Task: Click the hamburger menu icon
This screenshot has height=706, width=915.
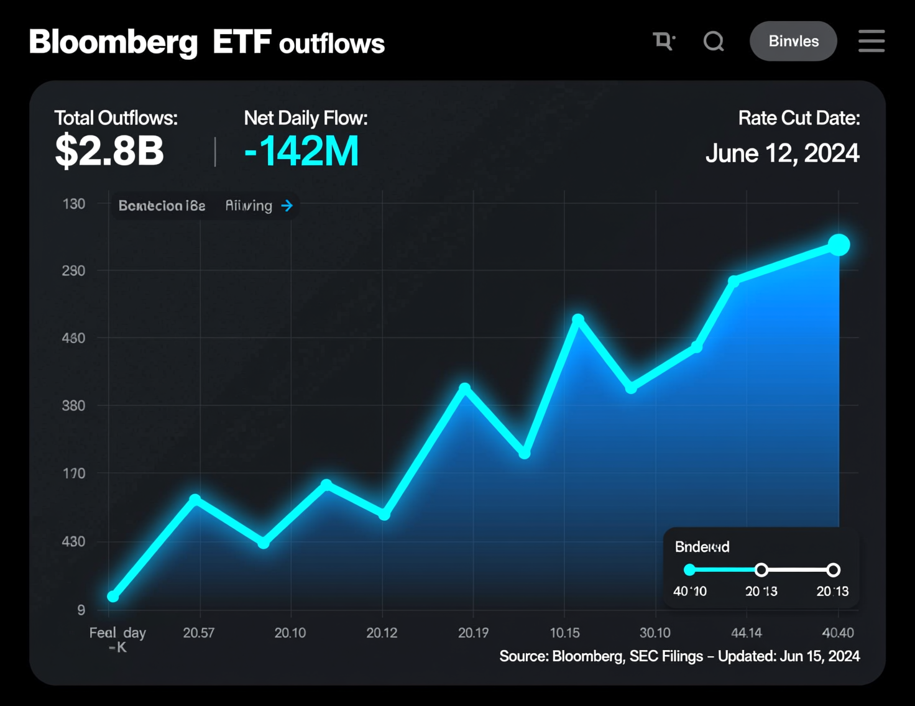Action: (x=871, y=41)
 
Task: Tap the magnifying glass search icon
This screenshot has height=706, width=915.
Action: (x=714, y=42)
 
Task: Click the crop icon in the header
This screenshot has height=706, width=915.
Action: (x=663, y=42)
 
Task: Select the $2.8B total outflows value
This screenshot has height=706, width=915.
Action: (x=109, y=151)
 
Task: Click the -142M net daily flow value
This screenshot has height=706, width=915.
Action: (x=301, y=151)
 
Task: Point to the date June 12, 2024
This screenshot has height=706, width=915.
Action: (x=782, y=153)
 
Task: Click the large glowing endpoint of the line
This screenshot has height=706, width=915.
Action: (x=839, y=245)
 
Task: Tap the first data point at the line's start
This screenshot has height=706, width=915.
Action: (x=113, y=596)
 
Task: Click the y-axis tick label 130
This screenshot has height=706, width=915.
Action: (x=74, y=204)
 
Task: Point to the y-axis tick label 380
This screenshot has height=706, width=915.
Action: (x=73, y=406)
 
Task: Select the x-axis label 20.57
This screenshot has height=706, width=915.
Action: (x=198, y=633)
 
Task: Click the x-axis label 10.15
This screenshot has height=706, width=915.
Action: (x=564, y=633)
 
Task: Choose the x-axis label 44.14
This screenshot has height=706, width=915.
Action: (x=746, y=633)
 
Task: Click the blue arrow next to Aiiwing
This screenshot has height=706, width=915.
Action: (x=287, y=206)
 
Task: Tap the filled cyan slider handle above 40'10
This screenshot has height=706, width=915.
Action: (x=689, y=570)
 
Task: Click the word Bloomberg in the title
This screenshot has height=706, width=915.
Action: (x=113, y=42)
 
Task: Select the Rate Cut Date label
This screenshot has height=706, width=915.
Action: (x=799, y=118)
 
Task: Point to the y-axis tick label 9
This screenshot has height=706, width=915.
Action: (x=81, y=610)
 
